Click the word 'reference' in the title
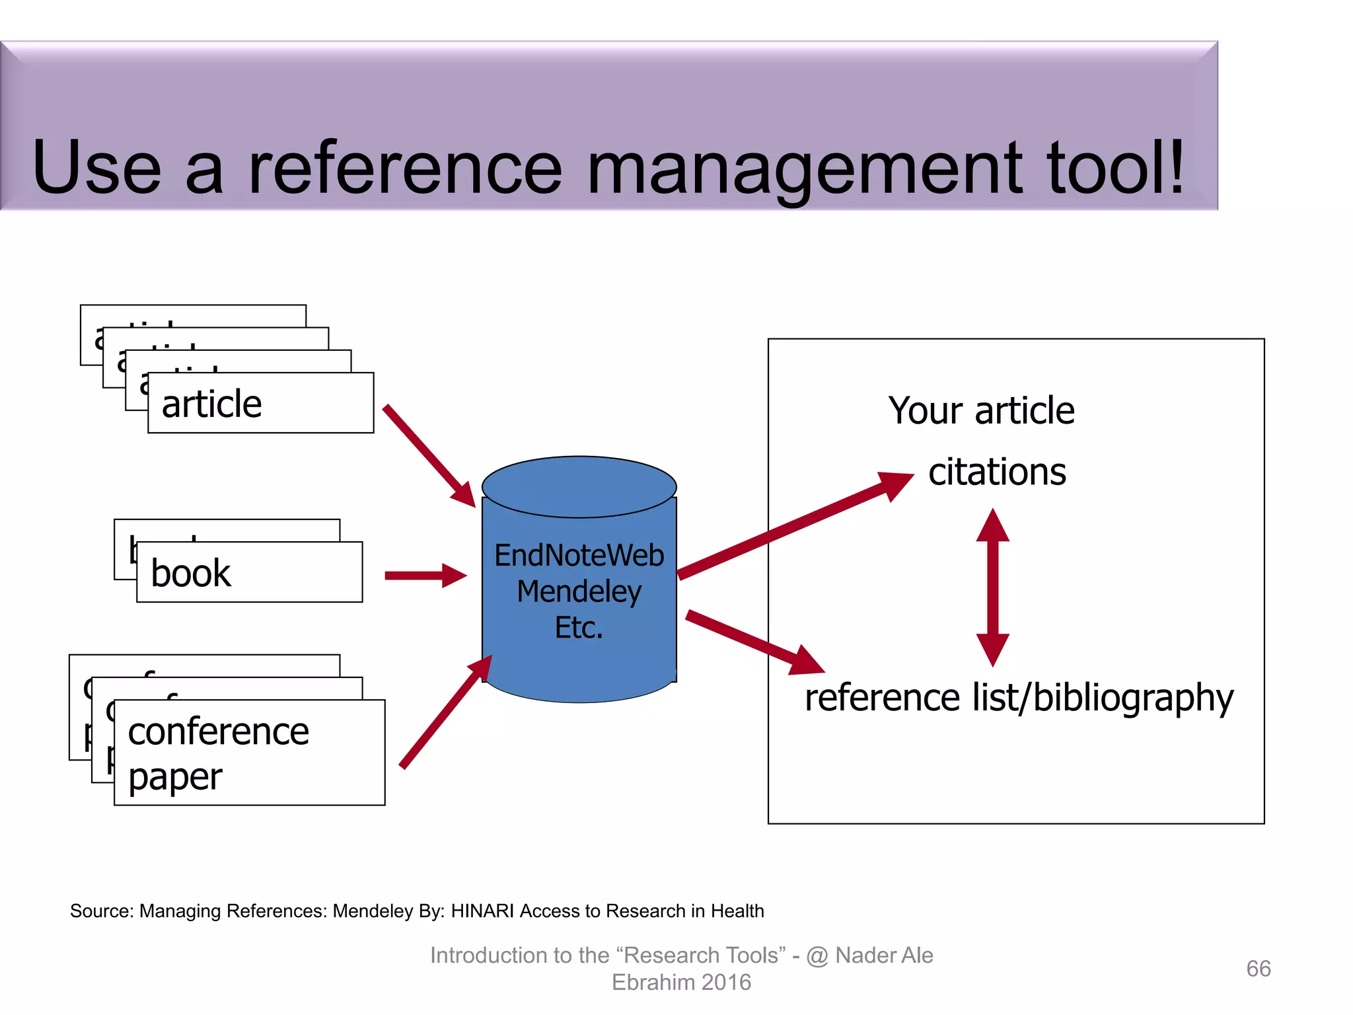point(404,169)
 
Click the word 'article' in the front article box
point(211,404)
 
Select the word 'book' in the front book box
point(191,573)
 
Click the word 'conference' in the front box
point(218,732)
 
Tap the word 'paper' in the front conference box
point(175,777)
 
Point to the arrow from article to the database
point(429,455)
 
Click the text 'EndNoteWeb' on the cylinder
point(579,556)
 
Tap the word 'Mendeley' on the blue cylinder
point(579,591)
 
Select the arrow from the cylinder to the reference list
point(753,641)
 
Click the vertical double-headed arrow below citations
point(992,587)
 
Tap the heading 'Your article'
point(981,410)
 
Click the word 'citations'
point(997,472)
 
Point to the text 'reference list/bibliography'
point(1019,698)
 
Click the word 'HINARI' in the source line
point(483,911)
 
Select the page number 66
point(1258,969)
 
